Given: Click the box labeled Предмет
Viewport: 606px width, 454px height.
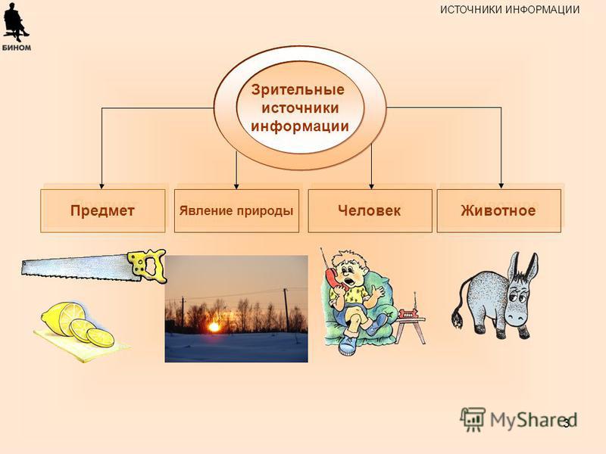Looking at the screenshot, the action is pos(103,211).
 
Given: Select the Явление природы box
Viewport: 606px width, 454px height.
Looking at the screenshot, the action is pos(236,211).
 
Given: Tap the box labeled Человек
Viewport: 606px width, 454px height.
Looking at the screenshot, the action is pos(370,211).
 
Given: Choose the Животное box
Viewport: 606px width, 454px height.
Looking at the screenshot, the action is pos(499,211).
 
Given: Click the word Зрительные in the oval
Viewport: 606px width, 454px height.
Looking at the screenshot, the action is pos(298,89).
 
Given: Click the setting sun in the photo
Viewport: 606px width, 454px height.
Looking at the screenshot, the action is pos(214,328).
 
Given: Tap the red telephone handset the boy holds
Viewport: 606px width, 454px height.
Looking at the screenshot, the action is pos(336,280).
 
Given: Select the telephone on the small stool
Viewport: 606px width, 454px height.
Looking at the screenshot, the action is pos(409,313).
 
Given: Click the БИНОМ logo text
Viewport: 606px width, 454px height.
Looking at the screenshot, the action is pos(17,48).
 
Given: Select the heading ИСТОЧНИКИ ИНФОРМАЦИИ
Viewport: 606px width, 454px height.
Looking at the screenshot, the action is pos(510,10).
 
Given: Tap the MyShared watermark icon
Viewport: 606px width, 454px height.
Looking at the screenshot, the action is pos(473,419).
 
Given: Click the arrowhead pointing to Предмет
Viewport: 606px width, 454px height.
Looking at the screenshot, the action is pos(102,185).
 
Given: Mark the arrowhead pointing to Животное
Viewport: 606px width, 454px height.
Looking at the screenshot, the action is pos(501,185).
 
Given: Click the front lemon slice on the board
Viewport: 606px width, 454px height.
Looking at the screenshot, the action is pos(100,337).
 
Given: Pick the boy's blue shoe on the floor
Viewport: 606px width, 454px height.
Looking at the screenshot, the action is pos(346,346).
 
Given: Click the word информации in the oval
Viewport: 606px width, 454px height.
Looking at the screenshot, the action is pos(300,126).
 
